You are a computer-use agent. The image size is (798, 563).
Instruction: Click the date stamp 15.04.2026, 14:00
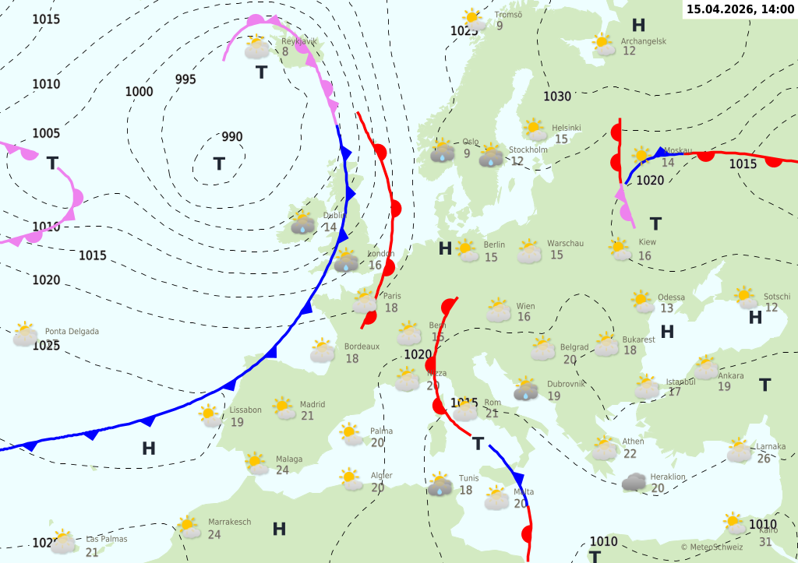click(x=740, y=9)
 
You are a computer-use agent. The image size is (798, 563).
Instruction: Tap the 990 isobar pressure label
click(x=232, y=137)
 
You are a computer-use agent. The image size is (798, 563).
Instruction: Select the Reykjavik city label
click(x=299, y=41)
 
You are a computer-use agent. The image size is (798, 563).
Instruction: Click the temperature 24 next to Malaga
click(x=282, y=470)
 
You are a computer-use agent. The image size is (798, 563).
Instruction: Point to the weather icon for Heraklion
click(x=634, y=482)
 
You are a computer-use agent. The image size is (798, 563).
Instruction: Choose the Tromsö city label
click(x=509, y=14)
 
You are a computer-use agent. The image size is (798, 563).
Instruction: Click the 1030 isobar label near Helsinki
click(x=557, y=97)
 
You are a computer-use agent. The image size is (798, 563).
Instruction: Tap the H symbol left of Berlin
click(x=445, y=248)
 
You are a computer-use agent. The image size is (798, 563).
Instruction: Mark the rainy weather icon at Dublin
click(x=302, y=224)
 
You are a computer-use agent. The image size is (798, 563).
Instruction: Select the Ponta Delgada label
click(x=72, y=332)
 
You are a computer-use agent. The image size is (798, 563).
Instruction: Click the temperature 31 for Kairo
click(x=765, y=542)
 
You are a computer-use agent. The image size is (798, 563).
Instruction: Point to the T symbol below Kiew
click(x=655, y=224)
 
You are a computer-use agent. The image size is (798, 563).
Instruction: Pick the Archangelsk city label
click(x=644, y=41)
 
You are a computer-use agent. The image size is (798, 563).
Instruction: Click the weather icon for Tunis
click(x=440, y=484)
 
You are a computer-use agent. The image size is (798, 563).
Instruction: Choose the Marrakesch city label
click(x=230, y=522)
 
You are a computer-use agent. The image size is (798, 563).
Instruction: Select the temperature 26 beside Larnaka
click(x=763, y=459)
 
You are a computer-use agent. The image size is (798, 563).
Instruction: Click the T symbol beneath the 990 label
click(x=219, y=164)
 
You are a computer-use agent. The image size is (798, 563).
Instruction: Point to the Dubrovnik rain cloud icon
click(x=526, y=389)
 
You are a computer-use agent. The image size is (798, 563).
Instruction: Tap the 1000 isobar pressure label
click(x=139, y=92)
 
